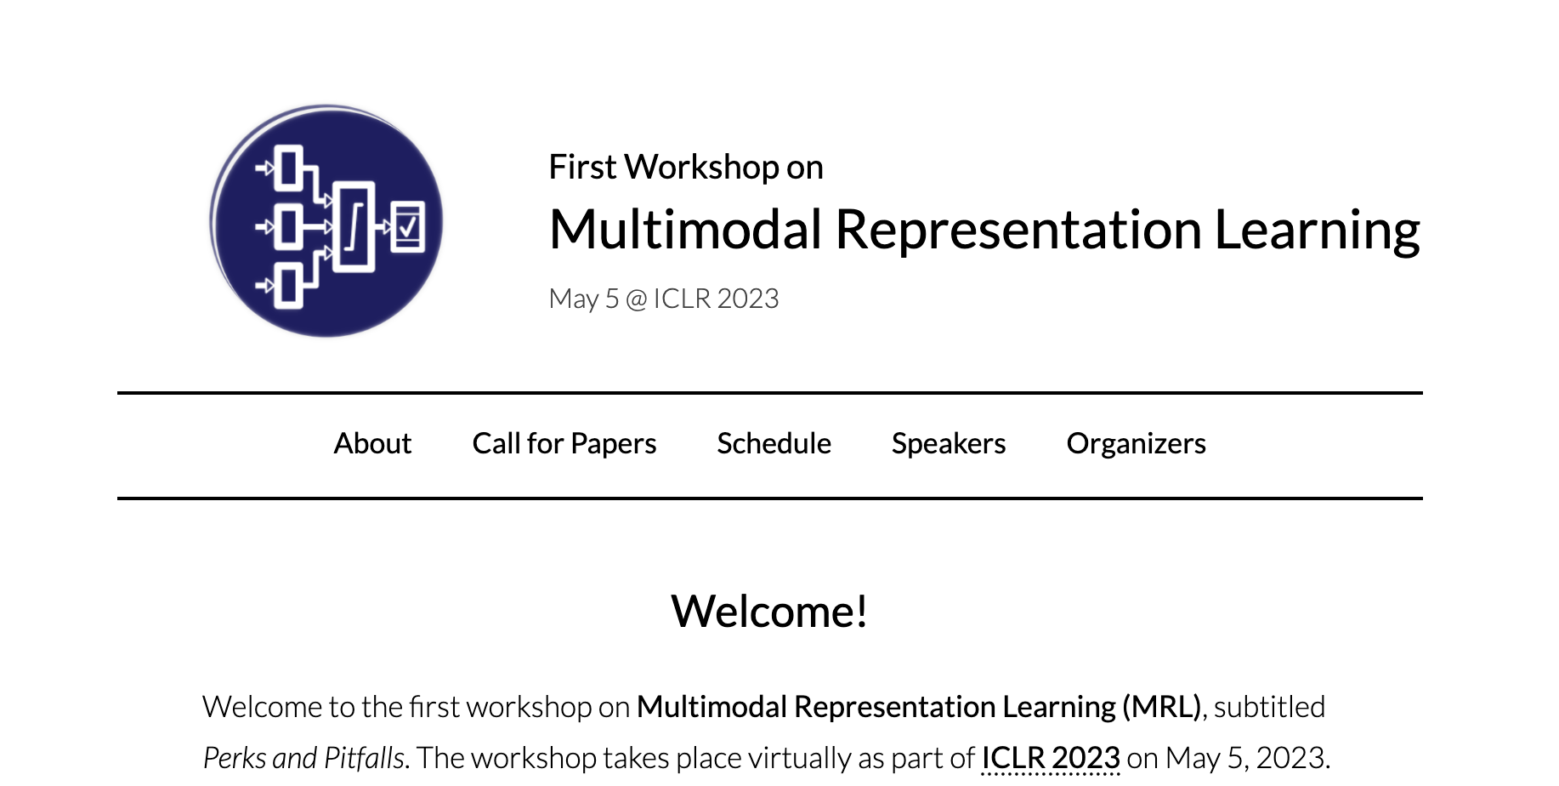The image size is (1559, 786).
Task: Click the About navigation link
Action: (x=372, y=443)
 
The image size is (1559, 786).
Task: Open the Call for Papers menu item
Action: (x=564, y=443)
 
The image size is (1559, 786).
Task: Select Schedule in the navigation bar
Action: (x=774, y=443)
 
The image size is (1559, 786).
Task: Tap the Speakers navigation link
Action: (x=949, y=443)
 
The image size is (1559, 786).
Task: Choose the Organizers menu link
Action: (x=1136, y=443)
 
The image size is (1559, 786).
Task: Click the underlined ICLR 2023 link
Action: (x=1051, y=757)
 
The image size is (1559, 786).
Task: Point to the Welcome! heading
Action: (x=769, y=611)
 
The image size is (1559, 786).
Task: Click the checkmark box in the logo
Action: (x=407, y=226)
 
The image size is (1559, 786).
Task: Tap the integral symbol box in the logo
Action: (x=354, y=226)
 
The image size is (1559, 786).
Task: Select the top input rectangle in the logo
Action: (x=288, y=168)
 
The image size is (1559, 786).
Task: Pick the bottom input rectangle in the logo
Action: (x=288, y=286)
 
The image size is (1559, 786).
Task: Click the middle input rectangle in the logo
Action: (x=288, y=226)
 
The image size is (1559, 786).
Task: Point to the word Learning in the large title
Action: (x=1318, y=231)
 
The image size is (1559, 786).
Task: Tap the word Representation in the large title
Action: (x=1018, y=231)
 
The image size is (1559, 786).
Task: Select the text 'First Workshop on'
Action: (x=686, y=167)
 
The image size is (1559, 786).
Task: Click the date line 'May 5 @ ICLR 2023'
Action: (x=664, y=299)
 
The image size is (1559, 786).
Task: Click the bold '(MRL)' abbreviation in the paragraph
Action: (x=1161, y=707)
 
